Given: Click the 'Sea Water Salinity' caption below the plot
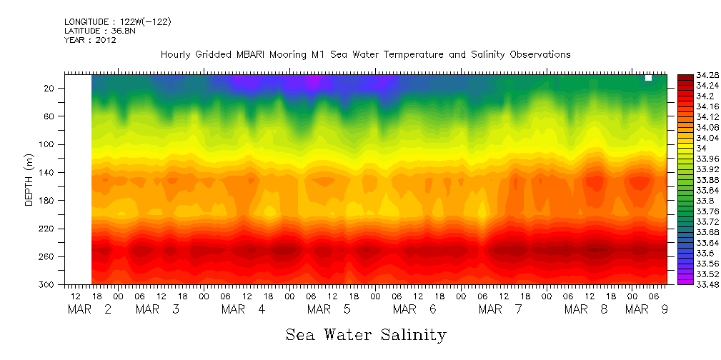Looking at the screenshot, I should [366, 334].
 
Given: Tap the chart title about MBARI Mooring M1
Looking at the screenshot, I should [366, 54].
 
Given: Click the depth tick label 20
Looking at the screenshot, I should [49, 89].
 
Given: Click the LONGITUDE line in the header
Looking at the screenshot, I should [117, 22].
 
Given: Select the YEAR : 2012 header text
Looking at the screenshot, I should [90, 40].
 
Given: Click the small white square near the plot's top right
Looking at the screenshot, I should [648, 78].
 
